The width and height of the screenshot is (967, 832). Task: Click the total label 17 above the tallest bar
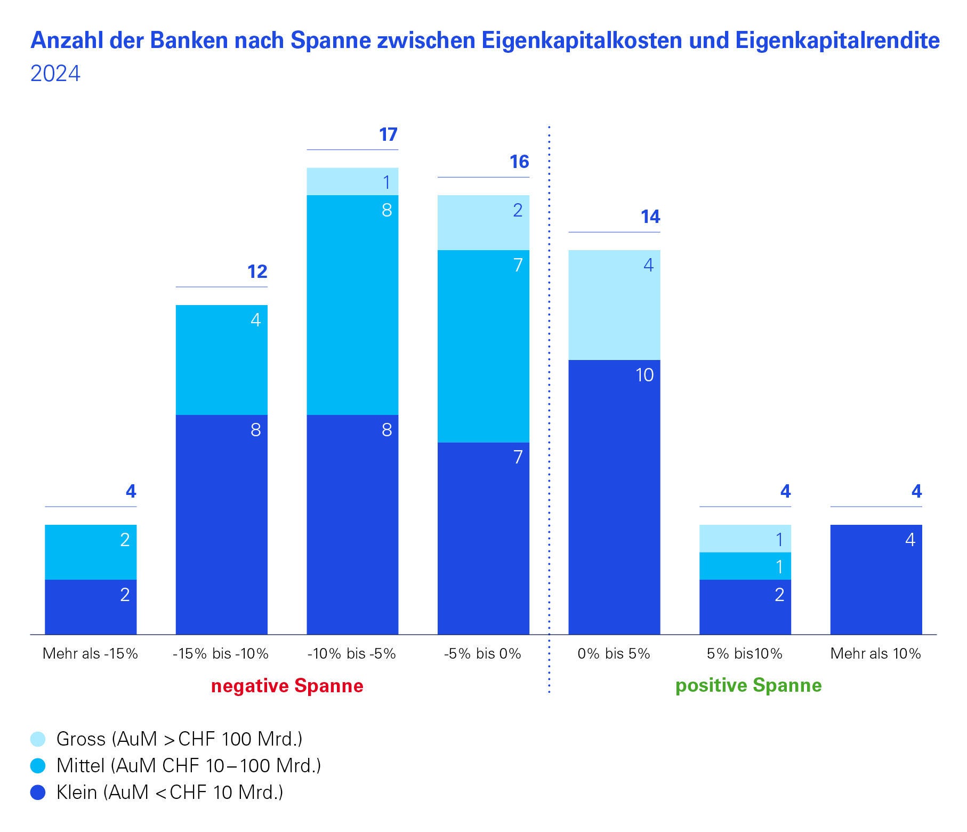(388, 134)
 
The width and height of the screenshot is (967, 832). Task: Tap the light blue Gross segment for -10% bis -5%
(352, 182)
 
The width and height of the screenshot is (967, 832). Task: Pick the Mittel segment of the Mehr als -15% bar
(91, 552)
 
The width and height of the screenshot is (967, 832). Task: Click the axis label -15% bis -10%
(221, 653)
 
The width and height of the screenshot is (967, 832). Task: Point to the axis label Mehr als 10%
(875, 653)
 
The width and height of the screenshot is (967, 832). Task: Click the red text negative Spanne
(287, 685)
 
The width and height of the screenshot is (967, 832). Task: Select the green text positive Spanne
(748, 685)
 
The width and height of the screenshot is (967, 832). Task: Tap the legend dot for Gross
(38, 739)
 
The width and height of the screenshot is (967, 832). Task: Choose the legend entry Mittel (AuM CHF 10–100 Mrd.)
(189, 766)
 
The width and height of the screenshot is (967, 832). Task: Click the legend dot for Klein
(38, 793)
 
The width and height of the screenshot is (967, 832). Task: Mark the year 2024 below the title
(55, 74)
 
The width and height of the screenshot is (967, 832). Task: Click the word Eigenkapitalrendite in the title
(837, 41)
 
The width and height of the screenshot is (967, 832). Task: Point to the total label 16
(519, 162)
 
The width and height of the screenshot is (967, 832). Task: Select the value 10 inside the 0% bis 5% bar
(644, 375)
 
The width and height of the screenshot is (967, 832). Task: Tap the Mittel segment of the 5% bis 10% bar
(745, 566)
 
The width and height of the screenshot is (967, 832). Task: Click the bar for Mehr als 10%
(876, 580)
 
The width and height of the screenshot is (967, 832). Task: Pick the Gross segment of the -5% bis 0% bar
(483, 222)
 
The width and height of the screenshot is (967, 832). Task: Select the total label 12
(257, 272)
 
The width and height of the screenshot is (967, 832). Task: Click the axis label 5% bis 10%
(744, 653)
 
